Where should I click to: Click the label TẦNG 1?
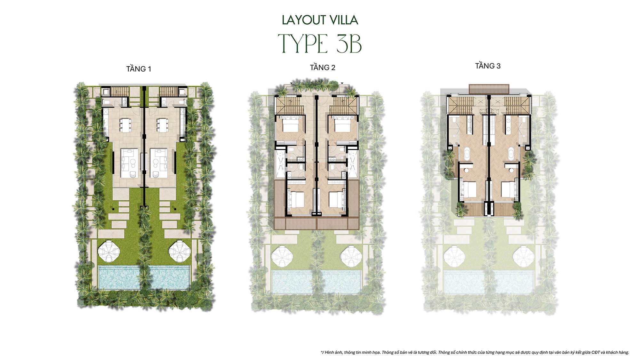tap(139, 69)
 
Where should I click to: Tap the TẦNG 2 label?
tap(323, 68)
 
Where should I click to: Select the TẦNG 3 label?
tap(488, 66)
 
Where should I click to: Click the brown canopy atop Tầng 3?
tap(489, 88)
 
